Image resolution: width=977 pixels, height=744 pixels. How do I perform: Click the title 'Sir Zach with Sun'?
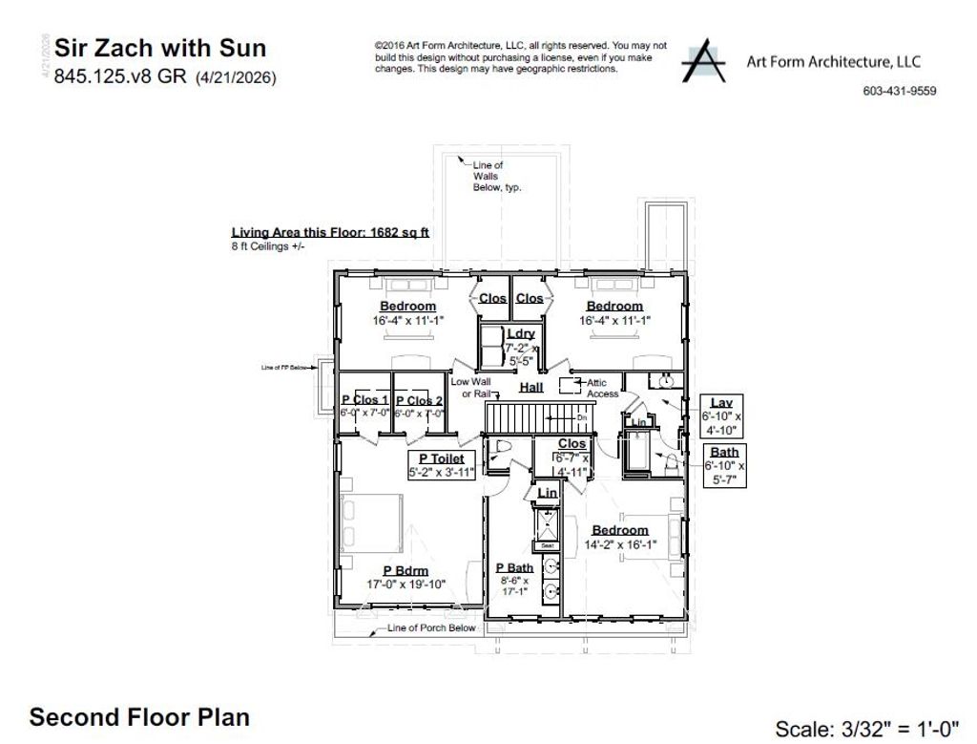[160, 48]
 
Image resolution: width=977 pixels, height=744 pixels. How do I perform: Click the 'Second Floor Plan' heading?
[139, 717]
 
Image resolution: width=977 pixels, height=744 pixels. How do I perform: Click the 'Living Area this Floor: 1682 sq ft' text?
[330, 232]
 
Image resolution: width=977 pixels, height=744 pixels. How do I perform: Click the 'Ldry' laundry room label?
[521, 333]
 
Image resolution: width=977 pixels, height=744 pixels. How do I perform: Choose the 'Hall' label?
[531, 387]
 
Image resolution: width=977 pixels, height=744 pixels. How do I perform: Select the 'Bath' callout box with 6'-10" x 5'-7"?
[724, 465]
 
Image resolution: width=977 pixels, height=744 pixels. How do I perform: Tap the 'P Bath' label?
[514, 567]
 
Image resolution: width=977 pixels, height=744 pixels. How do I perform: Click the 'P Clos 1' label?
[364, 400]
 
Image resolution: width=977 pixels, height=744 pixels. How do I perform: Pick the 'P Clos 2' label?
[419, 400]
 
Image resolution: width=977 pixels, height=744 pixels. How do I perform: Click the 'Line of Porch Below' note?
[431, 627]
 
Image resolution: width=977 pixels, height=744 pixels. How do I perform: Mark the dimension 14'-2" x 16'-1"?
[620, 545]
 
